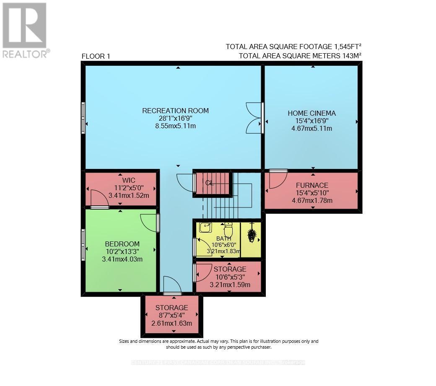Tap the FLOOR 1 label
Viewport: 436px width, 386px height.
(96, 56)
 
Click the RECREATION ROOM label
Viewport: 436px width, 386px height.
(175, 111)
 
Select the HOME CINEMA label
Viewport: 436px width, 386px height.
(311, 113)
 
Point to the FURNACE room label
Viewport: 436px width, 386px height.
(311, 185)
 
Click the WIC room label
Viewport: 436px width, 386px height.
(129, 180)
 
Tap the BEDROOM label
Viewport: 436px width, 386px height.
(122, 244)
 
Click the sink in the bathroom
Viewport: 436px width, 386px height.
(205, 227)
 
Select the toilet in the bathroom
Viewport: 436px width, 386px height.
(228, 229)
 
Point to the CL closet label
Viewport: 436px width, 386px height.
(210, 183)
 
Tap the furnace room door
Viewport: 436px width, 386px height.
(277, 179)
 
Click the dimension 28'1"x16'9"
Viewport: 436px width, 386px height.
(175, 118)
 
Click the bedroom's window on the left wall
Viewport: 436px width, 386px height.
(83, 244)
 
